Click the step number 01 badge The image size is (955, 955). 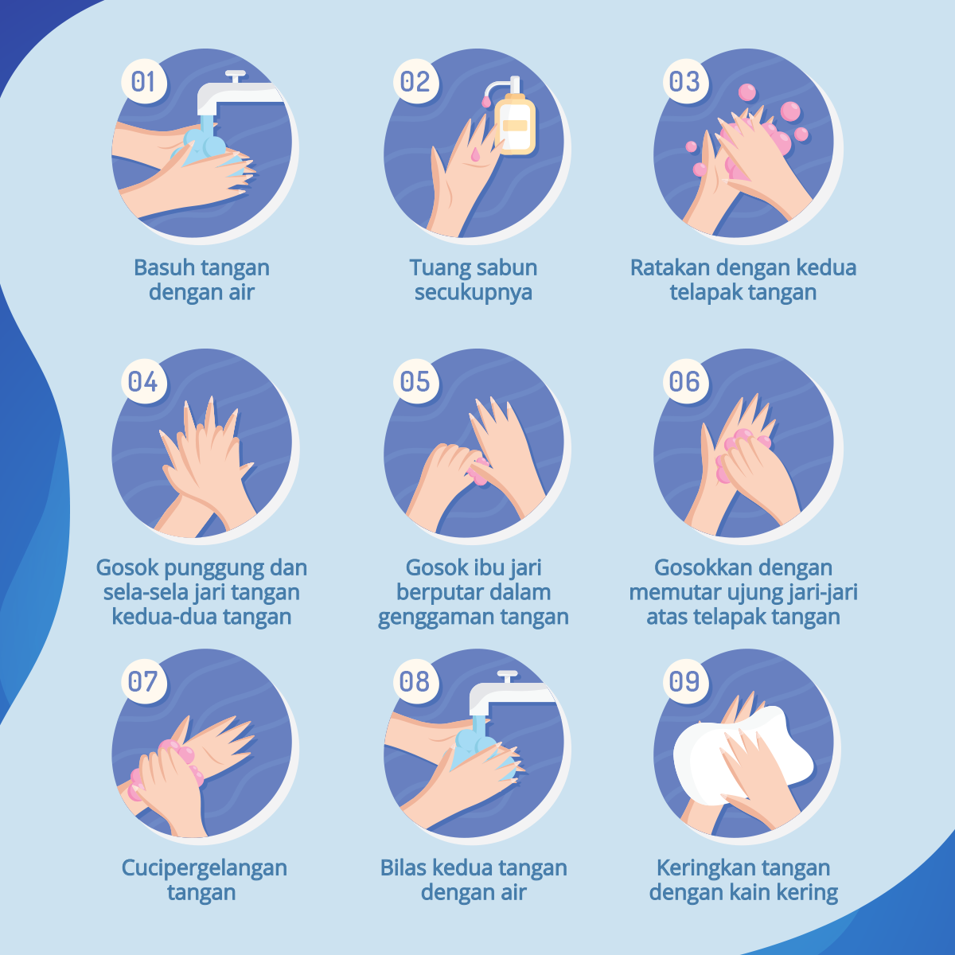pyautogui.click(x=144, y=81)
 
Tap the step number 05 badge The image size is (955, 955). pyautogui.click(x=415, y=381)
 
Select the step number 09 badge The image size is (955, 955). pyautogui.click(x=685, y=681)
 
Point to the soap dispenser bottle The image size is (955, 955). pyautogui.click(x=513, y=118)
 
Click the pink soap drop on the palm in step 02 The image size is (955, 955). pyautogui.click(x=476, y=154)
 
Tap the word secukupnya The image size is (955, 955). pyautogui.click(x=474, y=292)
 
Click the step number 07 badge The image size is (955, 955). pyautogui.click(x=144, y=681)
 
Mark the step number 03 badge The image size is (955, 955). pyautogui.click(x=685, y=81)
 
